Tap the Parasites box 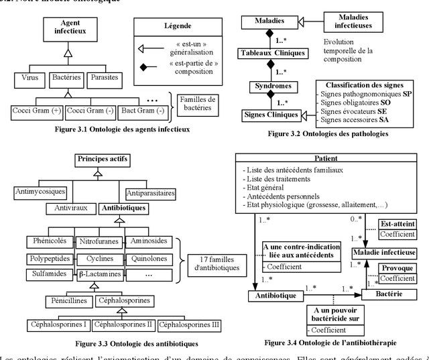coord(103,78)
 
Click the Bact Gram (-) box coord(136,110)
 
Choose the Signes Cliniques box coord(271,115)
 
